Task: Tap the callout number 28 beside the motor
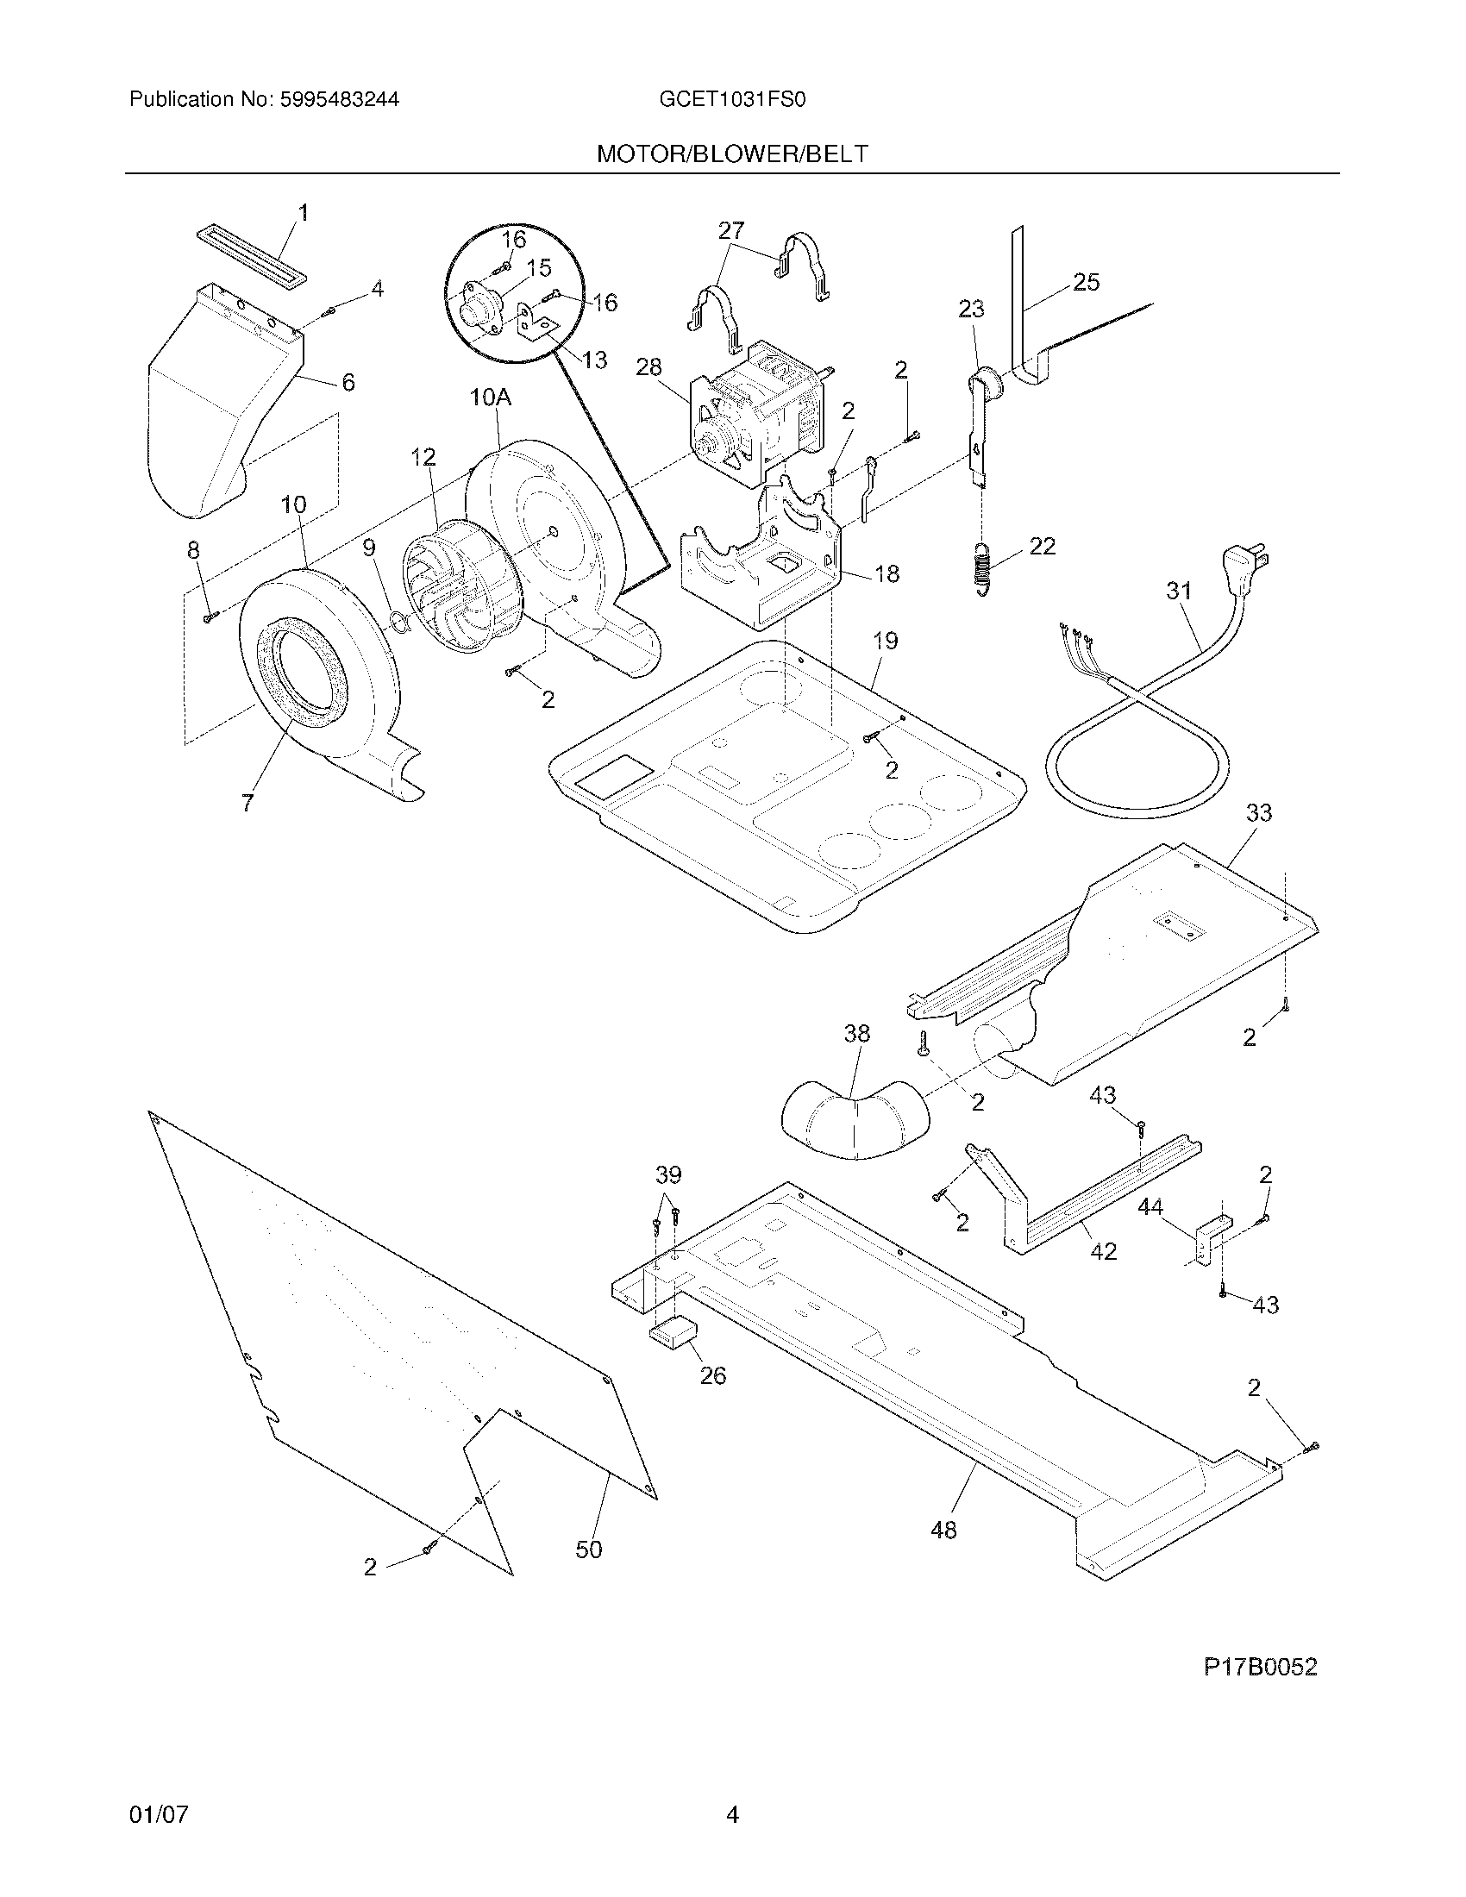[648, 367]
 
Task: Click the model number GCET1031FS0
[732, 100]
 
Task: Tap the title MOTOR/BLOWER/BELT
[732, 154]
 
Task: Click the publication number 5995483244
[339, 100]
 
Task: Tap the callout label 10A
[490, 398]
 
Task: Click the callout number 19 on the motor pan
[885, 641]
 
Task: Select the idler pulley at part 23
[984, 383]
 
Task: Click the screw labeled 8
[210, 617]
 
